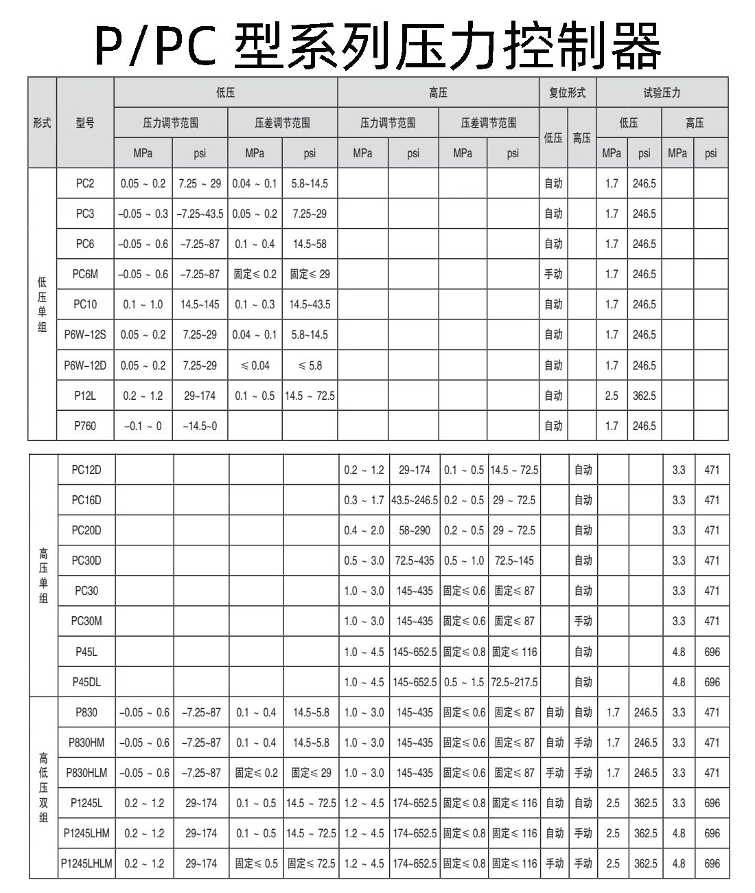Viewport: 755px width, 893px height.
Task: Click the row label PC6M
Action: [85, 274]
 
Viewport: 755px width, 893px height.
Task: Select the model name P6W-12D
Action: [85, 365]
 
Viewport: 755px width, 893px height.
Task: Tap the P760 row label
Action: [85, 426]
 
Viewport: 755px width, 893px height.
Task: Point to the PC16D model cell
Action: [86, 500]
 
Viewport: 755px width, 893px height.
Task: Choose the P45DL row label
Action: [86, 682]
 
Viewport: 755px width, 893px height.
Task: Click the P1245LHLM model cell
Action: [86, 863]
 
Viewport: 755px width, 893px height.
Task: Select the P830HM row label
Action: [86, 743]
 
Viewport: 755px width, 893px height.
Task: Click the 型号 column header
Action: [85, 124]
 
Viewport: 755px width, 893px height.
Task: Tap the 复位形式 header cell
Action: [568, 93]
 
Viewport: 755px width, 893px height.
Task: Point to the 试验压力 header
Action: [662, 93]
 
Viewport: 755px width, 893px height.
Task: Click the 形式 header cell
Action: [42, 124]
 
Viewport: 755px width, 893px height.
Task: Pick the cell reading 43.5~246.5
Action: [415, 500]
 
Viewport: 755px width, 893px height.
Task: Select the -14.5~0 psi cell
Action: [200, 426]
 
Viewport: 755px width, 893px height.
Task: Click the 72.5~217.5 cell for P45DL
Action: [514, 682]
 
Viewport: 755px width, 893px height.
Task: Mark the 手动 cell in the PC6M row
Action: [553, 274]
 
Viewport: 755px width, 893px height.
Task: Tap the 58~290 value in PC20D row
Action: [415, 530]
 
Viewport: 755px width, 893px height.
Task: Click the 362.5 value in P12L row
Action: [644, 396]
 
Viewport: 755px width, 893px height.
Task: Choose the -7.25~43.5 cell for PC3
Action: [200, 214]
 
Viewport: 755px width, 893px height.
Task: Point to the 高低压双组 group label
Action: [43, 788]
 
